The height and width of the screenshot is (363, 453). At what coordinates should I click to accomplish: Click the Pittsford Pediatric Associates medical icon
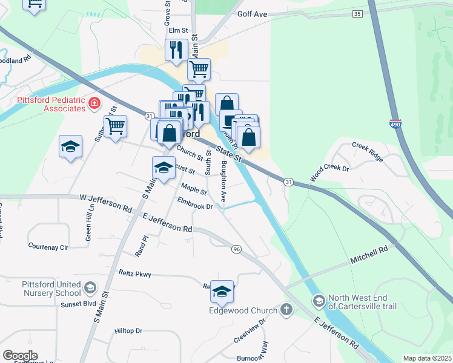(94, 103)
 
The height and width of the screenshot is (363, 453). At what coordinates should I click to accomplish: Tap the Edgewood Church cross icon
(286, 310)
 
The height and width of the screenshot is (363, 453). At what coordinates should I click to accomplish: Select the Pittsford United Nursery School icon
(90, 286)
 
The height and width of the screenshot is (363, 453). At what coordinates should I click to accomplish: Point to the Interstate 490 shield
(395, 124)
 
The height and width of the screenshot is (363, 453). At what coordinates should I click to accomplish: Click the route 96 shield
(236, 249)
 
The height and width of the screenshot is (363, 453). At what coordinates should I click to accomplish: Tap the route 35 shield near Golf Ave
(357, 13)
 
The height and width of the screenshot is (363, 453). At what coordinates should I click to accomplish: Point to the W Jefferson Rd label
(105, 201)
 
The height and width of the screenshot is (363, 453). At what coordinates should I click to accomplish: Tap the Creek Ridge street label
(368, 151)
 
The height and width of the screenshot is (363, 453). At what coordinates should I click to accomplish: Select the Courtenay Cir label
(48, 246)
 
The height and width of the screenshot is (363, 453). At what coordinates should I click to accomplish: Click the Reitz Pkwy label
(135, 274)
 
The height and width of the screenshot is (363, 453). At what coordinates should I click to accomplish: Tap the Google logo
(20, 356)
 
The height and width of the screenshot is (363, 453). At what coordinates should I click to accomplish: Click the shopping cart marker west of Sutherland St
(115, 126)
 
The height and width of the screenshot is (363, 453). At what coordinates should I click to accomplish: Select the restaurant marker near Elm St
(176, 50)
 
